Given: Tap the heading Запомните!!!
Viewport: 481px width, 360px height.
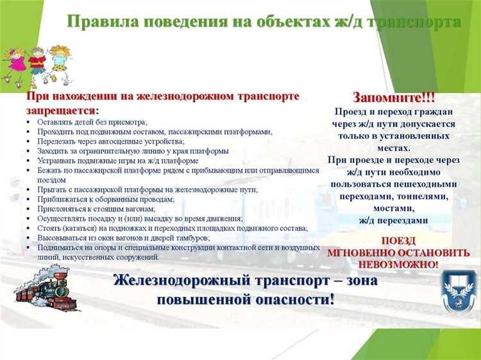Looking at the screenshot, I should coord(394,98).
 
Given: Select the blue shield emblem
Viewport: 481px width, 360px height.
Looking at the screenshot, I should coord(459,290).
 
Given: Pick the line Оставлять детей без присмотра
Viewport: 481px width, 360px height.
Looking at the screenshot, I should coord(92,122).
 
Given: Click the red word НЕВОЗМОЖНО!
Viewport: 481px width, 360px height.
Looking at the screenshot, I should coord(398,264).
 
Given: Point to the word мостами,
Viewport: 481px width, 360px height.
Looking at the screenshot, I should coord(393,209).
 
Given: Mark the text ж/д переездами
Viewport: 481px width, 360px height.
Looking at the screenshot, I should coord(393,220).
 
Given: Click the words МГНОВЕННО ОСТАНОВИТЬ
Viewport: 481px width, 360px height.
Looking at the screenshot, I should coord(398,252).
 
